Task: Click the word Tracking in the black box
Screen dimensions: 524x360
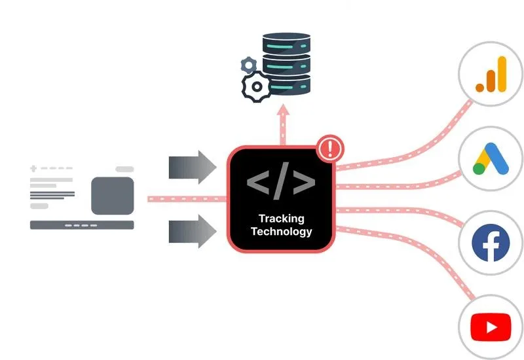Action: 282,219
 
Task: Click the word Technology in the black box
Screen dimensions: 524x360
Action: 282,232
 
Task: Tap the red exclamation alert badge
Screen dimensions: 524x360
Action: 330,149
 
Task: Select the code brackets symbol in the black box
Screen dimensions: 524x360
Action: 281,182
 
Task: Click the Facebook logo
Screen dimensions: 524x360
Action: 491,242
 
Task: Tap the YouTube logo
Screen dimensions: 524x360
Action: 491,327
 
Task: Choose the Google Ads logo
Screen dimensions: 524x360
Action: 491,159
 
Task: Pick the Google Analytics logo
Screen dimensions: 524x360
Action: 491,74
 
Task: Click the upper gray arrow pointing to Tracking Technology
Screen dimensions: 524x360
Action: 193,167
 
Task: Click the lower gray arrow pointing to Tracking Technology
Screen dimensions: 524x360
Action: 193,231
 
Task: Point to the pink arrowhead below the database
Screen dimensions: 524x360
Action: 283,109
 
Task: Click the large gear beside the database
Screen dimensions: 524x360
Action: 256,87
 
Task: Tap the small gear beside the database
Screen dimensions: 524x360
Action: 249,65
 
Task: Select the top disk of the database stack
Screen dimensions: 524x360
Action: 286,43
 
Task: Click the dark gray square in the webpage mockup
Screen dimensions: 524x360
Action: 113,196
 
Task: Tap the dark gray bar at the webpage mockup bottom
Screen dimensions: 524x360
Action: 82,225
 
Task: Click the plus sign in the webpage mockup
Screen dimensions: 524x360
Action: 33,168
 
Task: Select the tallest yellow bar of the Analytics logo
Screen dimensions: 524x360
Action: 502,74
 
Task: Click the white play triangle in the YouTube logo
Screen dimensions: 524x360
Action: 492,327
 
